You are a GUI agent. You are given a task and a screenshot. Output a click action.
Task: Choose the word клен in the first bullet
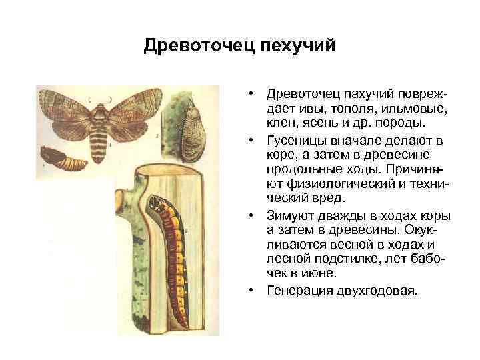281,123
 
